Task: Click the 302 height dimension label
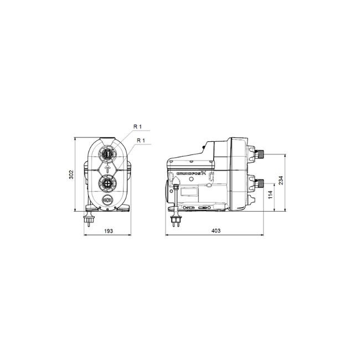71,174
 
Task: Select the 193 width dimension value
107,230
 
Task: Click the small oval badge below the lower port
107,199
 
